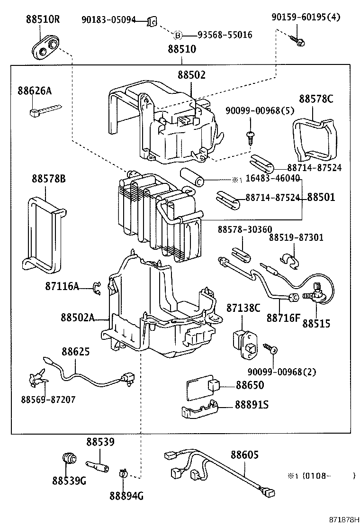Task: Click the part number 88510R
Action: click(42, 19)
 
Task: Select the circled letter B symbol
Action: click(178, 35)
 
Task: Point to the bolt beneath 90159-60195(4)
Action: click(299, 41)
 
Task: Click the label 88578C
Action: click(316, 99)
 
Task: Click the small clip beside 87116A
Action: click(97, 287)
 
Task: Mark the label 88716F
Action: click(283, 318)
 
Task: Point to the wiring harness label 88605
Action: click(244, 454)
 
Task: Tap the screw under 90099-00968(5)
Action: click(250, 137)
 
